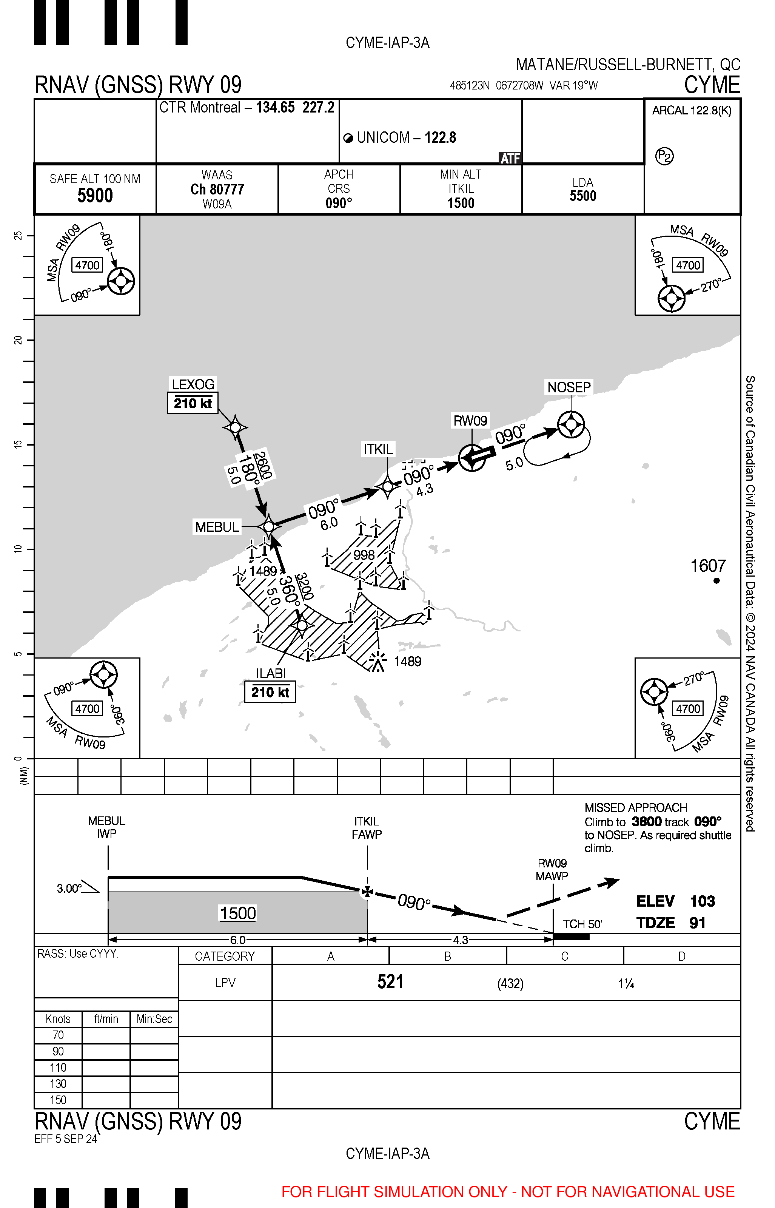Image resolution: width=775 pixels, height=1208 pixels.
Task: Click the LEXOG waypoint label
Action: pyautogui.click(x=193, y=384)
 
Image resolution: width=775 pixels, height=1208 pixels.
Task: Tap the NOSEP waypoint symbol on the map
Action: pyautogui.click(x=571, y=424)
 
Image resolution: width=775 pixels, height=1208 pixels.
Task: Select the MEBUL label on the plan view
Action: pyautogui.click(x=217, y=527)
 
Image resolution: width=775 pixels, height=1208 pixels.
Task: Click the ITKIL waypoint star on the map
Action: pyautogui.click(x=387, y=487)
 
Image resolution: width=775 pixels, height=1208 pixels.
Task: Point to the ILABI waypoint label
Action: pyautogui.click(x=271, y=673)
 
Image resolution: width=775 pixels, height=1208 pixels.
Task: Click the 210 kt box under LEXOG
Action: pyautogui.click(x=193, y=403)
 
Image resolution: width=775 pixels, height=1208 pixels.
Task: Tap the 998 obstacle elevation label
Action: pyautogui.click(x=364, y=555)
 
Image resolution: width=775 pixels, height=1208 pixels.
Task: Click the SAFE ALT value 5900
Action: pyautogui.click(x=95, y=195)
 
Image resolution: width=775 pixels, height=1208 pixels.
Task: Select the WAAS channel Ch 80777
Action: pyautogui.click(x=217, y=190)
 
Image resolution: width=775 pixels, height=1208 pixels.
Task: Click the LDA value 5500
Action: pyautogui.click(x=583, y=196)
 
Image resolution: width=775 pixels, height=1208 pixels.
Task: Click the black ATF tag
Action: pyautogui.click(x=510, y=159)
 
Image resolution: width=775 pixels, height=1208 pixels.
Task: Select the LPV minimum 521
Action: pyautogui.click(x=390, y=982)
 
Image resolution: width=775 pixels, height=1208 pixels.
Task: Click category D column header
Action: pyautogui.click(x=681, y=957)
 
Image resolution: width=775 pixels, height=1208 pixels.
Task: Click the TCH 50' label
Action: pyautogui.click(x=582, y=924)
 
